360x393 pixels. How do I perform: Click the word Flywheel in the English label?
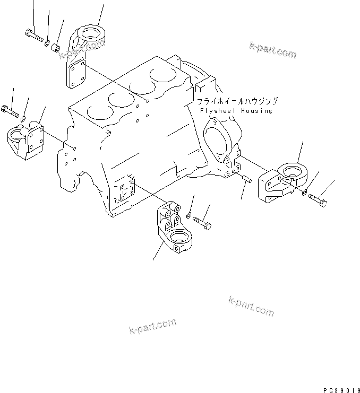click(x=219, y=111)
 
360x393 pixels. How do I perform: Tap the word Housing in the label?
click(x=256, y=111)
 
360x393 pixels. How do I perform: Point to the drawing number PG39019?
click(x=340, y=388)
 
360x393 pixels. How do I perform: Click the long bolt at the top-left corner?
click(x=33, y=36)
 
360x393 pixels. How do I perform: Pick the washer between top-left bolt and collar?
click(x=47, y=42)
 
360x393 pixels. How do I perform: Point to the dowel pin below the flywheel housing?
click(x=246, y=180)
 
